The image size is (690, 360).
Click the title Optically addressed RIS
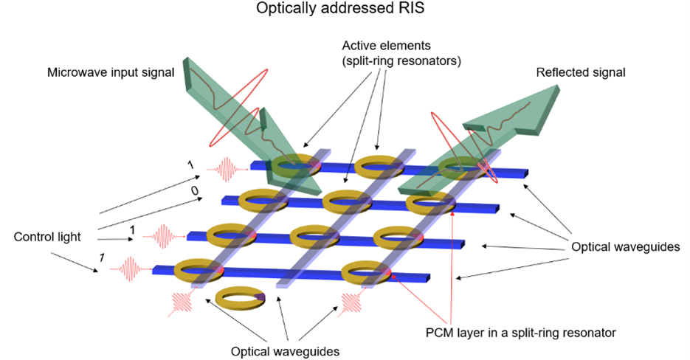(x=345, y=10)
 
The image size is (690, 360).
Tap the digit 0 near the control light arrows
(x=194, y=191)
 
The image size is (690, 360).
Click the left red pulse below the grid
(x=179, y=302)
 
